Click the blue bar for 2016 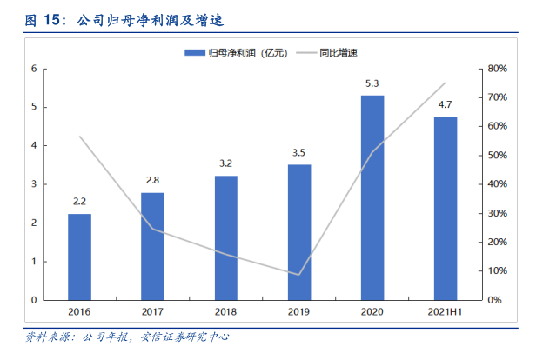[x=79, y=257]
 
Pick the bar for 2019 [x=299, y=232]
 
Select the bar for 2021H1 [x=445, y=209]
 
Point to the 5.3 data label [x=372, y=83]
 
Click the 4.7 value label [x=445, y=106]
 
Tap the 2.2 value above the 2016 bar [x=79, y=203]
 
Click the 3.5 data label [x=299, y=153]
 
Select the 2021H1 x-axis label [x=445, y=311]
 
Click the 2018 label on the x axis [x=225, y=311]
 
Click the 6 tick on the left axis [x=34, y=68]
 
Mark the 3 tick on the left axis [x=34, y=184]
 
